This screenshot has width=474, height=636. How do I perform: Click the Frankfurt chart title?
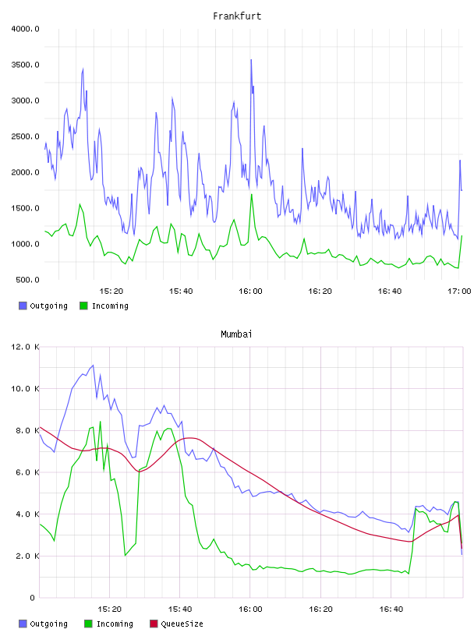[237, 16]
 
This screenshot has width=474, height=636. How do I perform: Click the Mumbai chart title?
[236, 334]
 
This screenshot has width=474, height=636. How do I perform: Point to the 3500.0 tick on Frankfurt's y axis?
[25, 65]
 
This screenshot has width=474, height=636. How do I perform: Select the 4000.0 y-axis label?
[25, 29]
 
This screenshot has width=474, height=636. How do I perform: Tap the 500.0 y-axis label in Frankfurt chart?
[27, 280]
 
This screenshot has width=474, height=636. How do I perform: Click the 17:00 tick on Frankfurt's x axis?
[459, 291]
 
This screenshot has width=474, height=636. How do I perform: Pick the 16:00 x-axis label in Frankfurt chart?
[250, 291]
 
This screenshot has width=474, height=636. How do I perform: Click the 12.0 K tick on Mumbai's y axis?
[25, 347]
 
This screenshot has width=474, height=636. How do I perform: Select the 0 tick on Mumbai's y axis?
[33, 598]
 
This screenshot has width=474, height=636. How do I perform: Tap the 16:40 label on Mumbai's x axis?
[391, 609]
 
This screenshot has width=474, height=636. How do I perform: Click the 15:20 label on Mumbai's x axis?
[110, 609]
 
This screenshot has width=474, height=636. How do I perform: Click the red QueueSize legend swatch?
[154, 624]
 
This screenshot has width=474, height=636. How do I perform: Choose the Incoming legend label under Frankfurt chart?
[110, 306]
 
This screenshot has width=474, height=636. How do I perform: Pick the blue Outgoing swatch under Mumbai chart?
[23, 624]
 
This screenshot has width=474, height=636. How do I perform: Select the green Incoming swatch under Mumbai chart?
[88, 624]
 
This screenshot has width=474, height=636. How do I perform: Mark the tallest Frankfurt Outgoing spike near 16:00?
[251, 59]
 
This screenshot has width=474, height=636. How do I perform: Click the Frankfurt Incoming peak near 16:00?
[251, 194]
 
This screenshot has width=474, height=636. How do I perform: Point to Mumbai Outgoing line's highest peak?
[93, 365]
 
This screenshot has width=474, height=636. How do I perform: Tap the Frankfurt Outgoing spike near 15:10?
[83, 69]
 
